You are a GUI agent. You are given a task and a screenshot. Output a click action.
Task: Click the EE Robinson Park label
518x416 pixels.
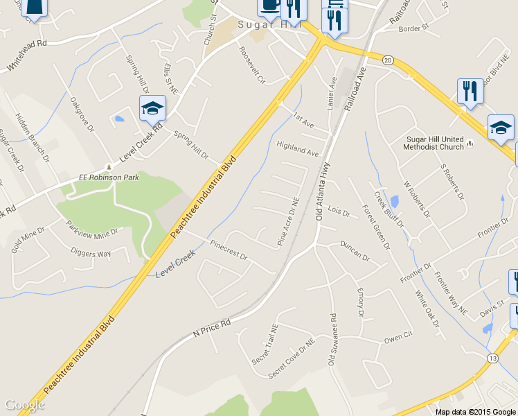pyautogui.click(x=77, y=177)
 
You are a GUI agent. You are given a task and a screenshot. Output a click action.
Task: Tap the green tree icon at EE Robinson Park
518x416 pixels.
pyautogui.click(x=107, y=167)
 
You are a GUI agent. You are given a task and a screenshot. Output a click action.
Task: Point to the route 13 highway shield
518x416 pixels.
pyautogui.click(x=492, y=358)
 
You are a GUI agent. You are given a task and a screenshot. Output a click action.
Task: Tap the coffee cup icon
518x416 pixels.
pyautogui.click(x=269, y=6)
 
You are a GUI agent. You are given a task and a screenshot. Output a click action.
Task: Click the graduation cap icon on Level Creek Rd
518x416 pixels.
pyautogui.click(x=152, y=108)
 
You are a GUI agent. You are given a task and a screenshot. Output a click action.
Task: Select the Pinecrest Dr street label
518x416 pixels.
pyautogui.click(x=229, y=250)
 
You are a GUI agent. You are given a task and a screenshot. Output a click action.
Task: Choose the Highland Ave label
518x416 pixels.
pyautogui.click(x=297, y=148)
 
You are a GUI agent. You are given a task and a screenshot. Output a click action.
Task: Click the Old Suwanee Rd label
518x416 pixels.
pyautogui.click(x=334, y=340)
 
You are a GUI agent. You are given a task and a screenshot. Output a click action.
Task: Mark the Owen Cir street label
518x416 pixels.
pyautogui.click(x=398, y=336)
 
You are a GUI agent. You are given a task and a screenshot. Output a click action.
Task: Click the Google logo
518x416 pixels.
pyautogui.click(x=24, y=405)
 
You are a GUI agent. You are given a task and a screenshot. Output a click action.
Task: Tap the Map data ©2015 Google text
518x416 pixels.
pyautogui.click(x=475, y=411)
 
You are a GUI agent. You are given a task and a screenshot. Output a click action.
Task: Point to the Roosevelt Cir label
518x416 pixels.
pyautogui.click(x=251, y=65)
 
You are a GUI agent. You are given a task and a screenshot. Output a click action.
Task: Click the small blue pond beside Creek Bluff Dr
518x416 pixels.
pyautogui.click(x=394, y=202)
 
